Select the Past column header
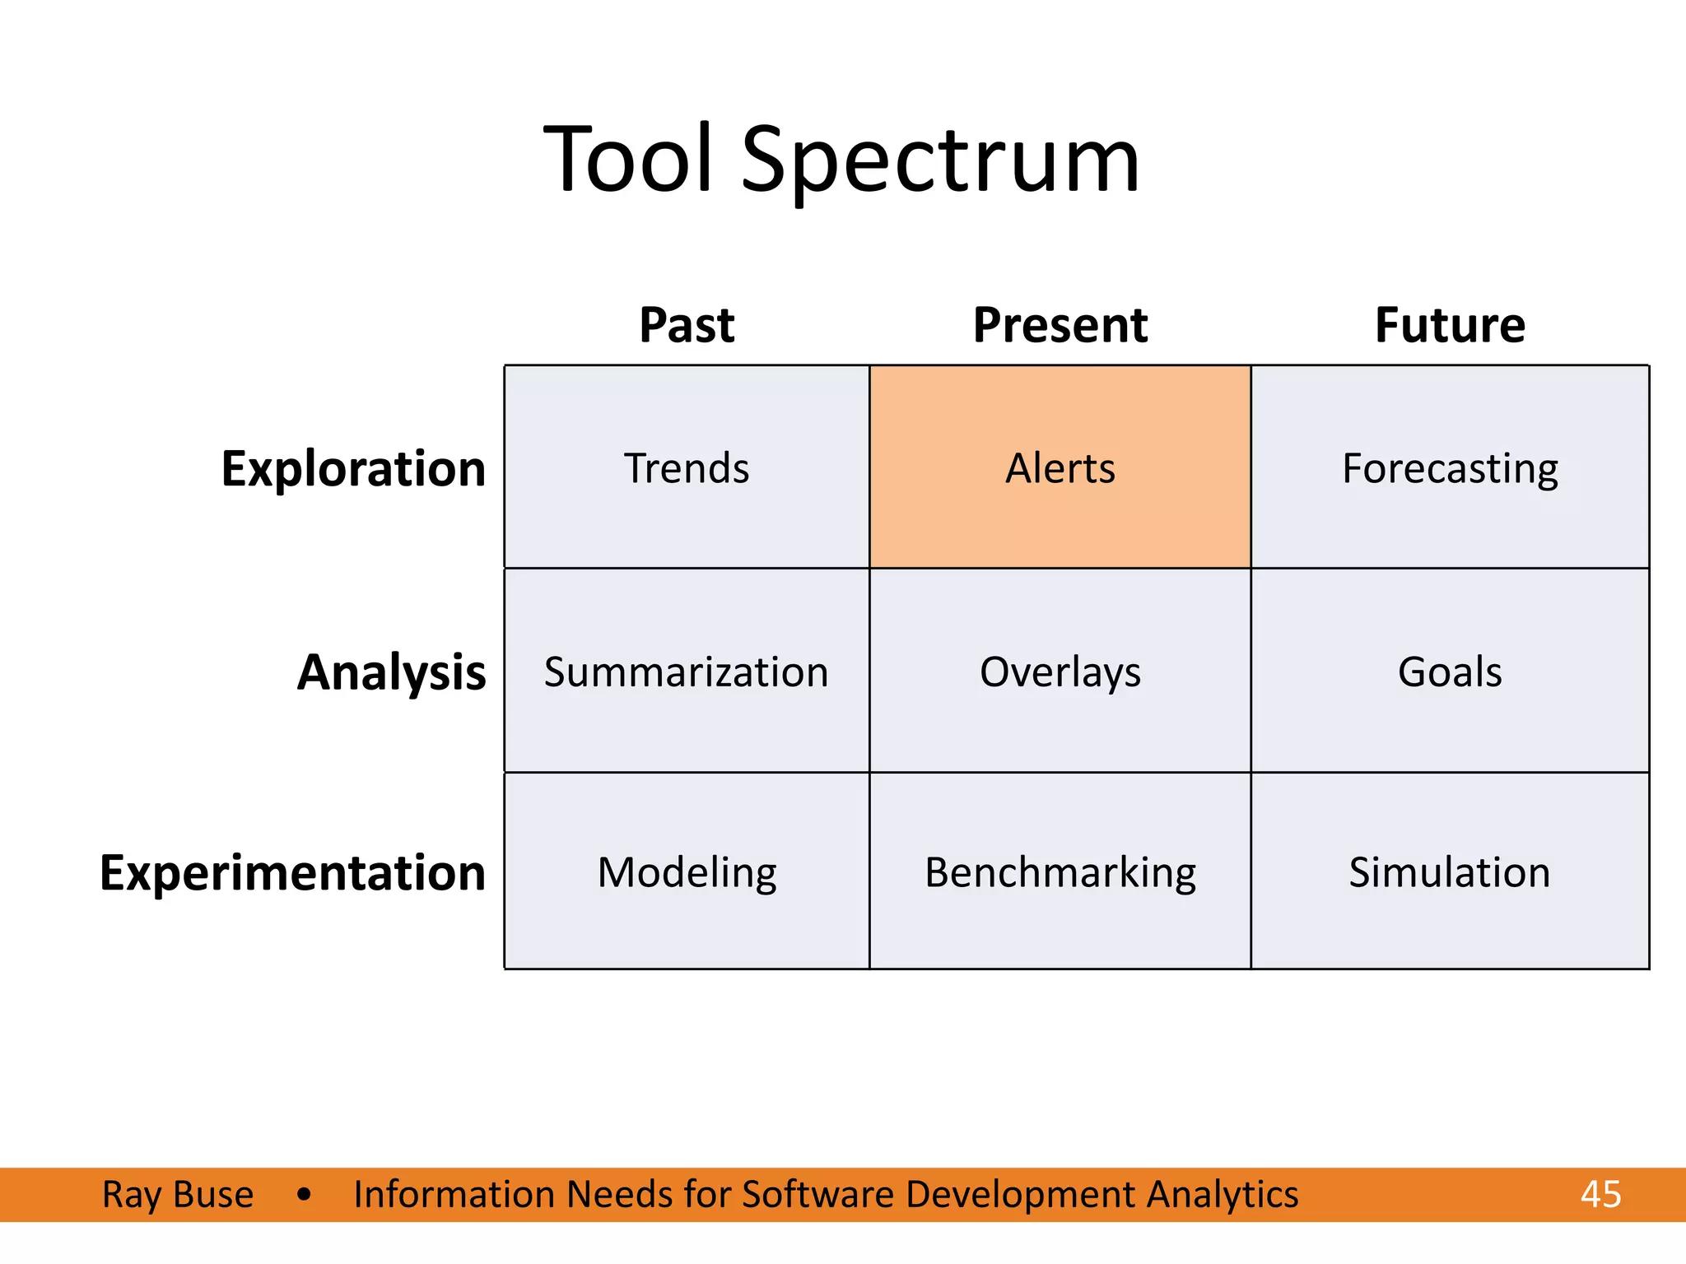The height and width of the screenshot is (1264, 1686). point(687,324)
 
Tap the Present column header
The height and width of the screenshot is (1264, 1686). point(1060,324)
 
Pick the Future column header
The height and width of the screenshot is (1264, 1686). point(1450,324)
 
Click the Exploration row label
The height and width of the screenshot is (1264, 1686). point(353,469)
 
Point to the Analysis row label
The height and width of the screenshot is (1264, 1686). point(391,672)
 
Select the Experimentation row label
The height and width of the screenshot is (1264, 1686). point(292,872)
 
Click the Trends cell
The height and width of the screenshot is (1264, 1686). point(687,468)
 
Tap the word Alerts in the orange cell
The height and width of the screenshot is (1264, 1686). point(1060,468)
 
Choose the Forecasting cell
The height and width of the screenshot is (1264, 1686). point(1450,468)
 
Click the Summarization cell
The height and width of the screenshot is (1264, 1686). point(686,671)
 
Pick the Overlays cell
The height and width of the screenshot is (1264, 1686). point(1060,671)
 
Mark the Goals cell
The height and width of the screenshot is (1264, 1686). point(1450,671)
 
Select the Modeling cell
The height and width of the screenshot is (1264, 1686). point(687,872)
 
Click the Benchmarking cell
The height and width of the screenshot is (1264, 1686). point(1060,872)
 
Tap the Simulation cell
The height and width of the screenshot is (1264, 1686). point(1450,872)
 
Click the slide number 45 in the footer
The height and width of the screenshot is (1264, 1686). point(1600,1194)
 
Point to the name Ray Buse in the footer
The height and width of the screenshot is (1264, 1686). point(178,1194)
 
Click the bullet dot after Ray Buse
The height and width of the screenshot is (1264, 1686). point(304,1194)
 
